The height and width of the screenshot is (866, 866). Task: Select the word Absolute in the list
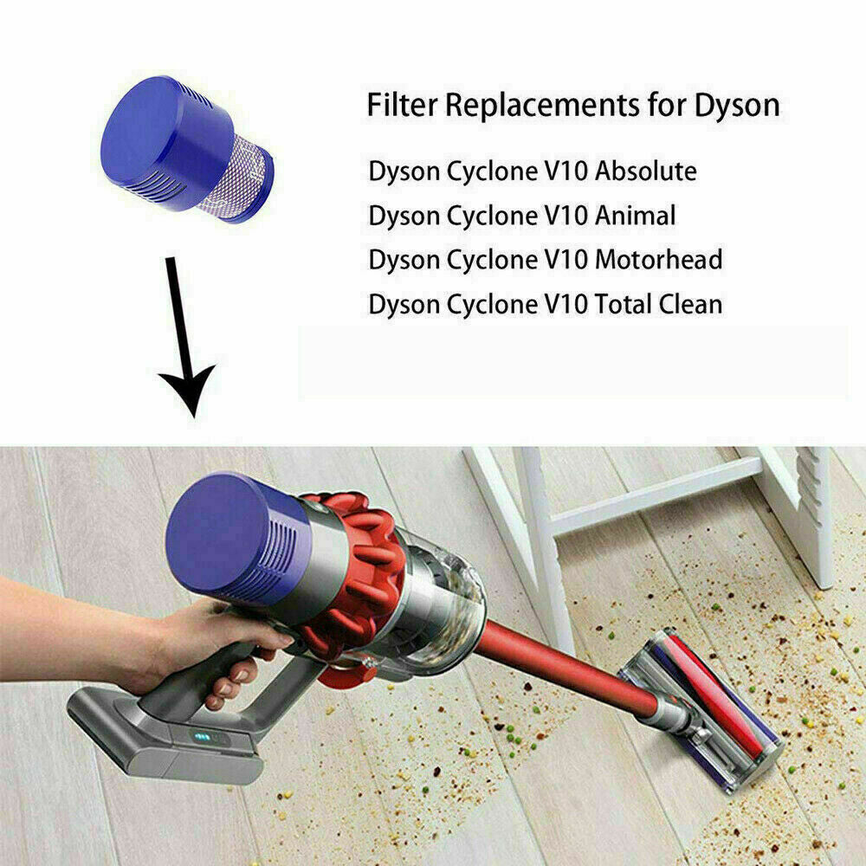click(645, 171)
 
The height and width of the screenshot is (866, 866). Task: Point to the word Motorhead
click(658, 259)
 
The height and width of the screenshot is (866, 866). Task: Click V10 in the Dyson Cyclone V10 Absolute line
click(565, 171)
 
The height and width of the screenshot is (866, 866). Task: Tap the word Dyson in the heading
click(736, 106)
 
